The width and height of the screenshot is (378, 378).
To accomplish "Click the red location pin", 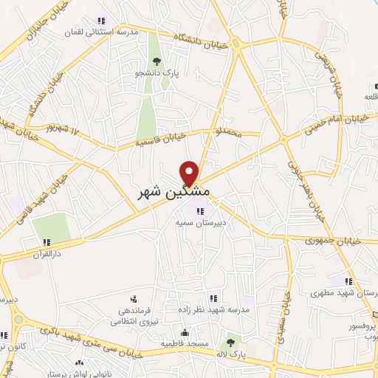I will point(190,173).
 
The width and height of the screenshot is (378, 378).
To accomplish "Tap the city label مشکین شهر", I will point(174,192).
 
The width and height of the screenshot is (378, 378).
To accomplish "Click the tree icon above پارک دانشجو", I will point(155,61).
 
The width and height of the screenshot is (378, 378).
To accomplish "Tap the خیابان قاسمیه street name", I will point(162,137).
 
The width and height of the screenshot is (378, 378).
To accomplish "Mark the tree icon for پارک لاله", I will point(230,343).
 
